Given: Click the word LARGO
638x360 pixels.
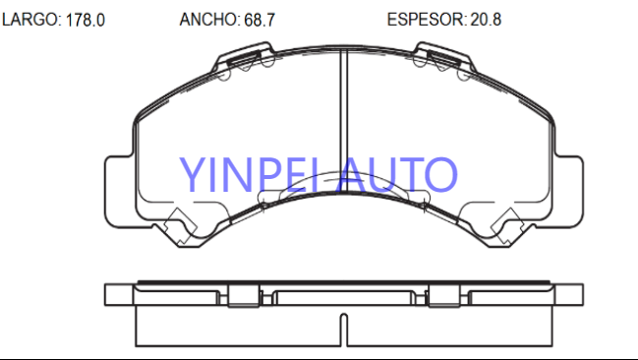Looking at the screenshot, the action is (30, 20).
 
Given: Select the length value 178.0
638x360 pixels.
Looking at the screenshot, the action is (86, 20).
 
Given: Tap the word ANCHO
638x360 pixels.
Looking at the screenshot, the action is (208, 20).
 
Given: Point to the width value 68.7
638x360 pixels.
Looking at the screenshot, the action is (260, 20).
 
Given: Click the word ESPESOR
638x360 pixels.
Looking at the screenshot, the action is (426, 20).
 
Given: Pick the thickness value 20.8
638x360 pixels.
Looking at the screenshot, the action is (486, 20).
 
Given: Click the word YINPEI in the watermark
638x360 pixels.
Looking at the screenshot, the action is (248, 175).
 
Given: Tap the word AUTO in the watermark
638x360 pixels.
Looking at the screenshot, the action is (397, 175).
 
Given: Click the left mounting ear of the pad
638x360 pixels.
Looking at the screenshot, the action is (119, 192).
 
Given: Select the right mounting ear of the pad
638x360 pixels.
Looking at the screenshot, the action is (568, 192).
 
